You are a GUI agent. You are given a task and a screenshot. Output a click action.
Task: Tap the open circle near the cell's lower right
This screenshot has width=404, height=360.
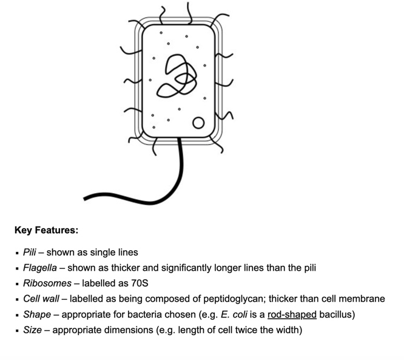(198, 124)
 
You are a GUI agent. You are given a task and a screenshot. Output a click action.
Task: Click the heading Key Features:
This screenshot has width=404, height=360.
(46, 231)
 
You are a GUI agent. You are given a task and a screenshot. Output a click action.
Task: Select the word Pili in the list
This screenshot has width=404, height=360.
(30, 252)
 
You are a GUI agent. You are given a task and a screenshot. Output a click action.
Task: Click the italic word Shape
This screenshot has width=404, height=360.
(37, 315)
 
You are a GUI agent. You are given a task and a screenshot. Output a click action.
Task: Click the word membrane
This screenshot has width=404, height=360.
(363, 299)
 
